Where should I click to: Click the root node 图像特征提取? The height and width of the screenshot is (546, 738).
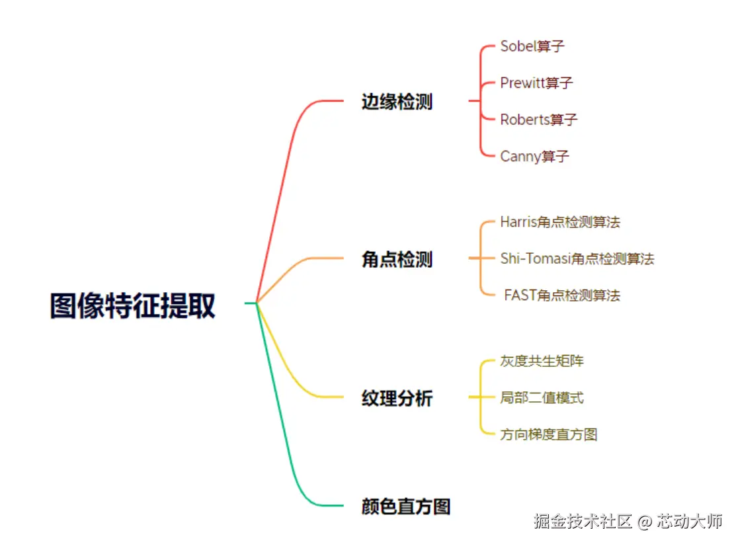[x=132, y=306]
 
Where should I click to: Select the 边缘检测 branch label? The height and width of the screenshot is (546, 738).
[x=397, y=102]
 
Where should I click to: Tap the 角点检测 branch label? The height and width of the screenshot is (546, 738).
[x=397, y=259]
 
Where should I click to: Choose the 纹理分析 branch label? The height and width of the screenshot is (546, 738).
[x=397, y=398]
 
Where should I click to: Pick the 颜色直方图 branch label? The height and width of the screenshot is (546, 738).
[x=406, y=506]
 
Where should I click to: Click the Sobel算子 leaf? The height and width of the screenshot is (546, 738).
[x=532, y=46]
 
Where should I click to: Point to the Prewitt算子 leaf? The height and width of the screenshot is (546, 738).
[x=536, y=83]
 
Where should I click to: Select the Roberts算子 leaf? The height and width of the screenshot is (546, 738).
[x=538, y=120]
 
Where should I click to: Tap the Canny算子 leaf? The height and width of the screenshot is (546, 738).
[x=534, y=157]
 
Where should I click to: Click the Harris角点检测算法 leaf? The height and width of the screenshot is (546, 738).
[x=560, y=222]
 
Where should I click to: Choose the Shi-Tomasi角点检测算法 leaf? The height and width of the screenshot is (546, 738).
[x=577, y=258]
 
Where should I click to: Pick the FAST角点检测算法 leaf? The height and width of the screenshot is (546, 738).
[x=562, y=295]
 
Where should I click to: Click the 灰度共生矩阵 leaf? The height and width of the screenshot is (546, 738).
[x=542, y=361]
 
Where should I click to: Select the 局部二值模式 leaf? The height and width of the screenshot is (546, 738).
[x=542, y=398]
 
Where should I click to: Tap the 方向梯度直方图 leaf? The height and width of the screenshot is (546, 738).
[x=549, y=434]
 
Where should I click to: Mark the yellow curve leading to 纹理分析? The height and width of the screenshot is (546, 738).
[x=284, y=370]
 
